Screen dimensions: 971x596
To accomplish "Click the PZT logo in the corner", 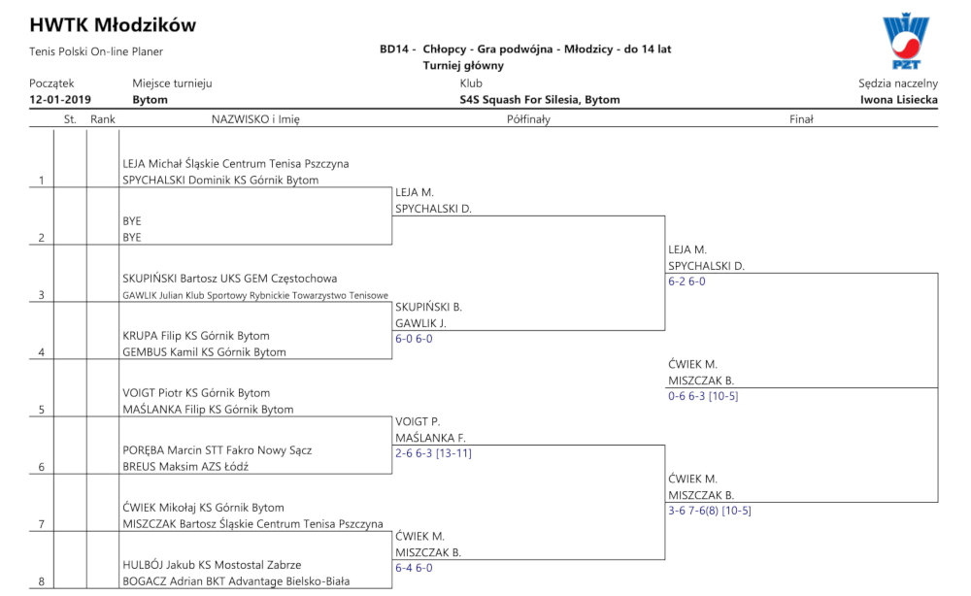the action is click(905, 41).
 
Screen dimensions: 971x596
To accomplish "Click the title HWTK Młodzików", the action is click(113, 25).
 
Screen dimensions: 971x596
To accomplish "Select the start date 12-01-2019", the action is click(60, 100).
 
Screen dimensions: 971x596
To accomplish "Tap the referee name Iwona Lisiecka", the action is click(898, 100).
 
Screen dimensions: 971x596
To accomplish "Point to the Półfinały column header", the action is click(528, 119).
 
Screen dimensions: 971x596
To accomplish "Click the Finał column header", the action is click(801, 119).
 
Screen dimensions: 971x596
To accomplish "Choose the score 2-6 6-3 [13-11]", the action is click(433, 453).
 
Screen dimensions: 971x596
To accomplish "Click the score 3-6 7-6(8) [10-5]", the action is click(710, 511).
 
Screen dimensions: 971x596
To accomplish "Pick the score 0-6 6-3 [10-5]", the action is click(703, 396).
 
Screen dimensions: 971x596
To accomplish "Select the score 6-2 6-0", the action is click(686, 281).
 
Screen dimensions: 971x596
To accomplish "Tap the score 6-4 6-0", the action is click(414, 568).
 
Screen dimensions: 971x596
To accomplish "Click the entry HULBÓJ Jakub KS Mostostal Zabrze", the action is click(212, 564).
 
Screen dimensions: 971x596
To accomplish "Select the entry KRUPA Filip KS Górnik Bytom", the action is click(196, 336).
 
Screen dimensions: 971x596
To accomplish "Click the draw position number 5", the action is click(42, 410).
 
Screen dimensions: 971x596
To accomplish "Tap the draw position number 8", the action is click(42, 581).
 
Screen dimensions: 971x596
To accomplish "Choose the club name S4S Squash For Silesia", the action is click(539, 100).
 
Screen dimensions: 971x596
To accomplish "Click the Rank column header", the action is click(103, 119).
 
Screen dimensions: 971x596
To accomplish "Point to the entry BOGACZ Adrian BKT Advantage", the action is click(236, 581).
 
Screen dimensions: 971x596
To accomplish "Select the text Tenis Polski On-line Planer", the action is click(96, 51).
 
